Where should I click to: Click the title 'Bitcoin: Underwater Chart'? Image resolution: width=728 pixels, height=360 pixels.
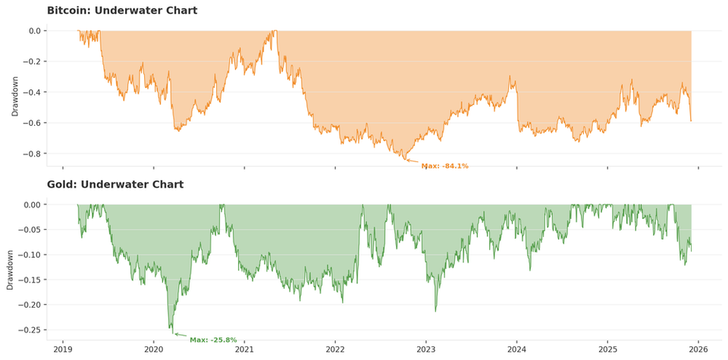coord(122,11)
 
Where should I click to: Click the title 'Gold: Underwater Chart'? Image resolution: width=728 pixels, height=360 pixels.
coord(115,184)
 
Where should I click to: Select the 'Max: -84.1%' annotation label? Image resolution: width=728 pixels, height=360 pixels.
coord(445,166)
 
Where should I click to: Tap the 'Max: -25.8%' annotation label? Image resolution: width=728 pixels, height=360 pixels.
coord(213,340)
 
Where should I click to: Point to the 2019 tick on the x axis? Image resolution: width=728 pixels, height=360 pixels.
coord(63,350)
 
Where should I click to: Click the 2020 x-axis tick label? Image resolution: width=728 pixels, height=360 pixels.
coord(154,350)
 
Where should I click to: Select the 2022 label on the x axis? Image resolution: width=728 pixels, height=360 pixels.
coord(335,350)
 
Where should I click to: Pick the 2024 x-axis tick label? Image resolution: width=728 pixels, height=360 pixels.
coord(516,350)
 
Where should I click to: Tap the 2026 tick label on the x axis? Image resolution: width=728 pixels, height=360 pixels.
coord(698,350)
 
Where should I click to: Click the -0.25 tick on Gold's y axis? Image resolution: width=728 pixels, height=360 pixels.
coord(30,330)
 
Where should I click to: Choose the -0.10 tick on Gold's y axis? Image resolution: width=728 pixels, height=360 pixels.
coord(30,255)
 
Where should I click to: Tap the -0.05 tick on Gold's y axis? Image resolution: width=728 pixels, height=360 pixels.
coord(30,230)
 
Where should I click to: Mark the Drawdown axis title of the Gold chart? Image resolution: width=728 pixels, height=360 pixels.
coord(11,270)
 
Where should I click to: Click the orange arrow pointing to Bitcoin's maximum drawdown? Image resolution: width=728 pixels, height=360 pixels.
coord(413,161)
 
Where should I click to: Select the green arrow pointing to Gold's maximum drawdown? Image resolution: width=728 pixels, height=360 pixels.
coord(180,335)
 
